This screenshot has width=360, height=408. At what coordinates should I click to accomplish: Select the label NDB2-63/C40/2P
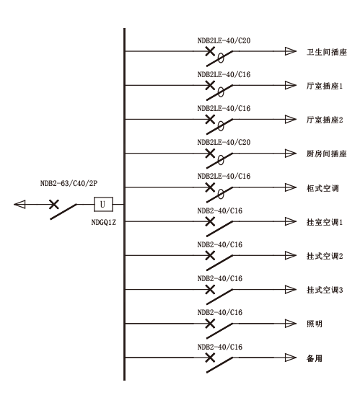[x=69, y=183]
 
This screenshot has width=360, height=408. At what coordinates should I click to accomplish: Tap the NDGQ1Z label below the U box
[x=103, y=223]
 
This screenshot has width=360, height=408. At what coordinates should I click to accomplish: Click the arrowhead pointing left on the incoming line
[x=19, y=204]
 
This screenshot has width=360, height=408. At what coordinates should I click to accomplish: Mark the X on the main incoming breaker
[x=54, y=204]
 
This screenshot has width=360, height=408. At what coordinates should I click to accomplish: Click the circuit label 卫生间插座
[x=327, y=52]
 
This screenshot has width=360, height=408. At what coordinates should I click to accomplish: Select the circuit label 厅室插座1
[x=325, y=86]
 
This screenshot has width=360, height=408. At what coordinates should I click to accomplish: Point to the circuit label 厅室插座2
[x=325, y=120]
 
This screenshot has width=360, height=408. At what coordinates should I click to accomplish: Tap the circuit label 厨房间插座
[x=327, y=154]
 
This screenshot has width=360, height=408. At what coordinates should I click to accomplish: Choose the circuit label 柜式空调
[x=322, y=188]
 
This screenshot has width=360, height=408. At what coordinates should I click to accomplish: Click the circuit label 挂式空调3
[x=325, y=290]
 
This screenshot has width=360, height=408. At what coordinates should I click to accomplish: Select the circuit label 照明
[x=315, y=324]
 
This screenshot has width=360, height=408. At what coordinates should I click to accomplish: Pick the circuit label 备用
[x=315, y=358]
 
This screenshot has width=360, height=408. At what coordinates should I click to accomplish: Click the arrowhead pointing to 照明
[x=291, y=324]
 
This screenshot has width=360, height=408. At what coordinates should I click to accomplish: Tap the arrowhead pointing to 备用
[x=291, y=358]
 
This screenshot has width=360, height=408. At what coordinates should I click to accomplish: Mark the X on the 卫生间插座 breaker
[x=210, y=51]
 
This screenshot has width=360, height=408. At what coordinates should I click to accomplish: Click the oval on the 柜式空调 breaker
[x=221, y=194]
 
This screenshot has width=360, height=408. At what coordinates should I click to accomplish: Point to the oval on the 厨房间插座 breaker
[x=221, y=160]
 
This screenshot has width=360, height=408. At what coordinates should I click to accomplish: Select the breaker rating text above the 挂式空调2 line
[x=220, y=244]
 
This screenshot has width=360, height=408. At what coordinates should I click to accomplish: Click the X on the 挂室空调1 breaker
[x=210, y=222]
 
